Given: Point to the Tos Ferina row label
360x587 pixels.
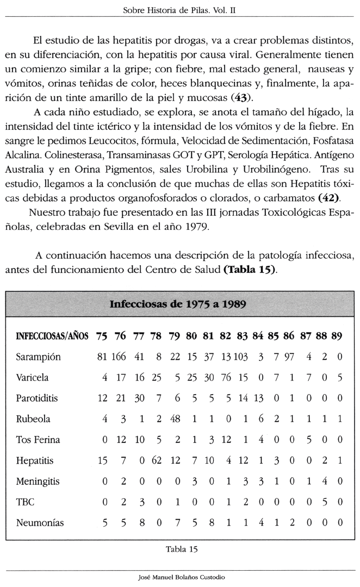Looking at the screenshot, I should coord(38,440).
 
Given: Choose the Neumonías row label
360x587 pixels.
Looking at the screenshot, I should coord(40,523).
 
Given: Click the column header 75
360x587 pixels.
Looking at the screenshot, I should coord(102,336).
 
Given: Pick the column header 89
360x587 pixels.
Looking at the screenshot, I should coord(337,336).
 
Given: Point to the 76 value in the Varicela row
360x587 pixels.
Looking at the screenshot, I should coord(226,378).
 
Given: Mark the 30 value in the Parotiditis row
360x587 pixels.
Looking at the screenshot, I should coord(139,398).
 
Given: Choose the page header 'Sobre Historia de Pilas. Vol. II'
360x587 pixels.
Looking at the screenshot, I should coord(180,10).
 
